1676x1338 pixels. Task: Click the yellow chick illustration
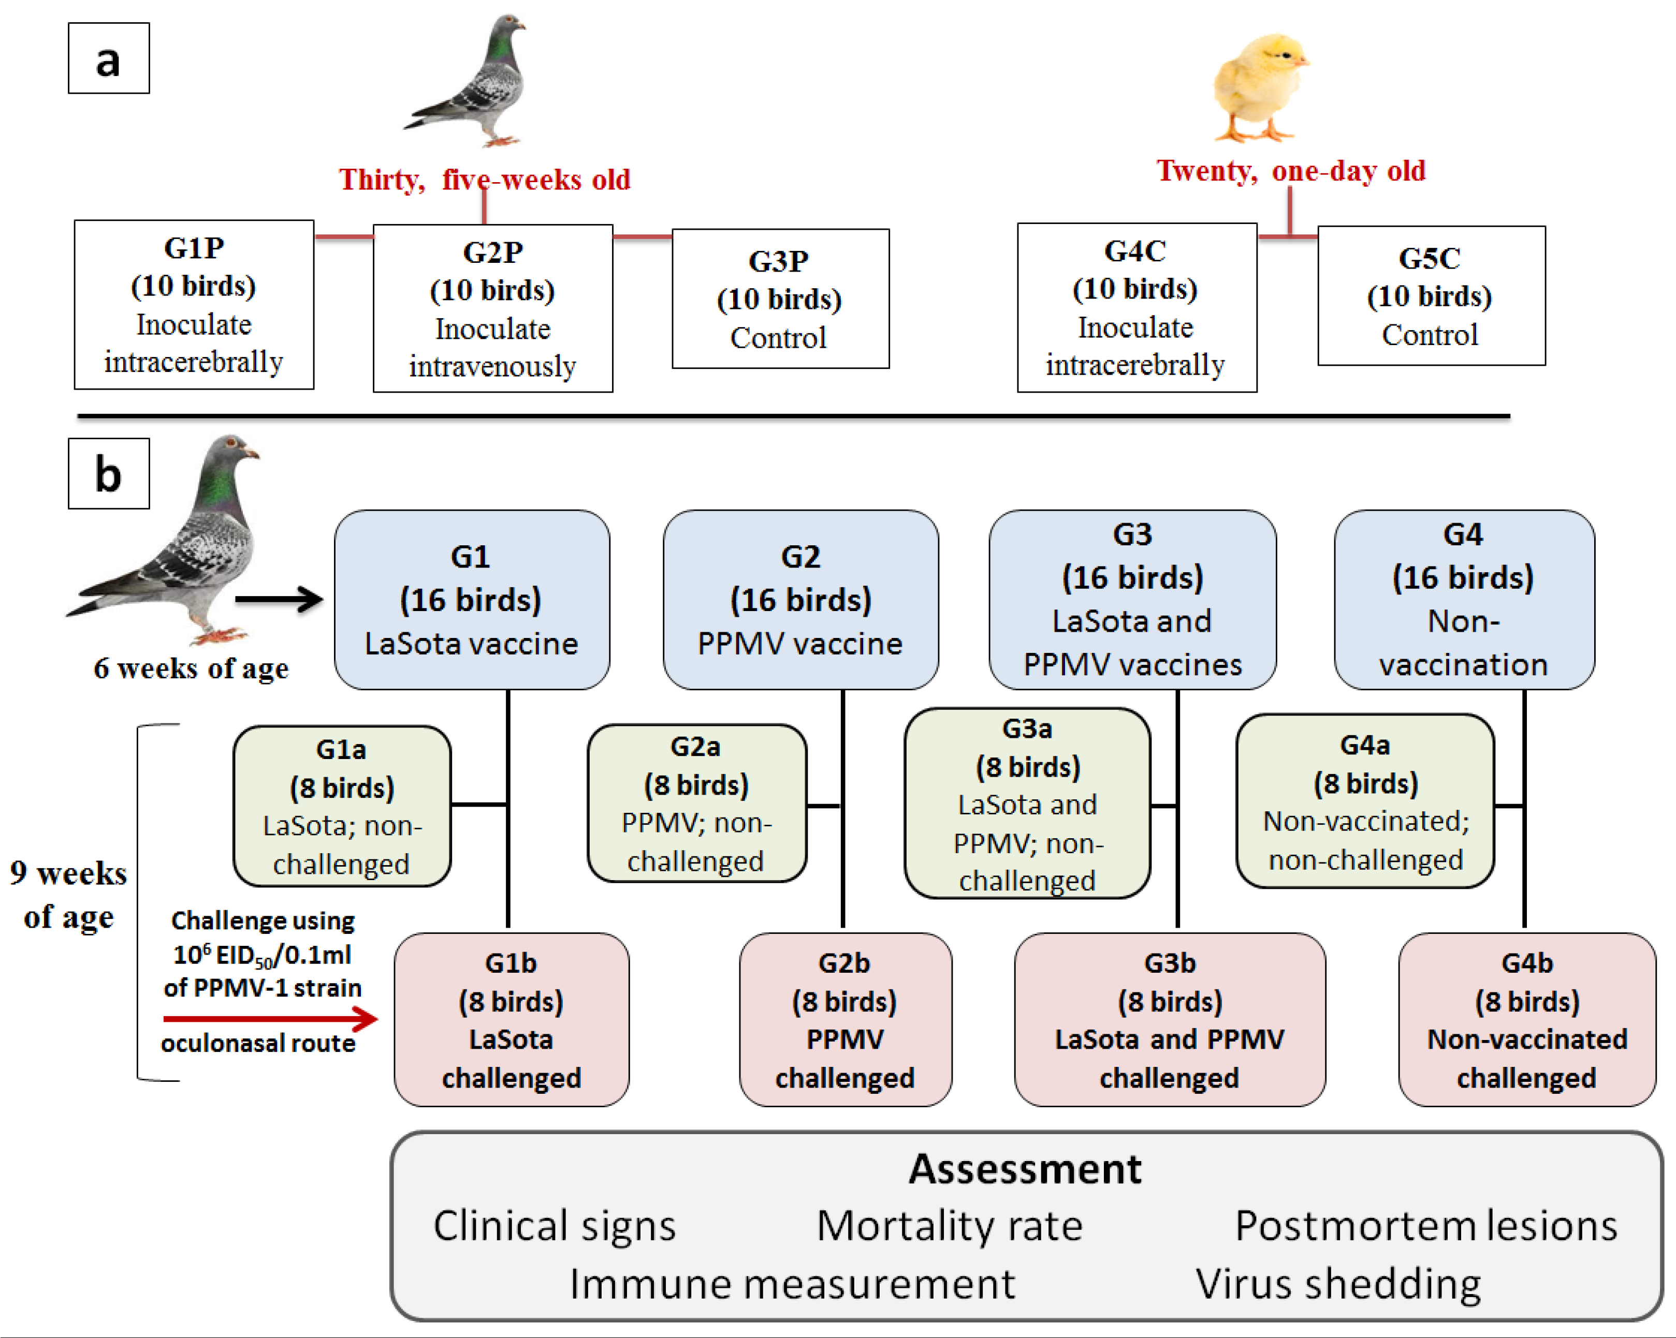[x=1261, y=87]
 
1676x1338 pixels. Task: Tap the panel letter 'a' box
[x=109, y=59]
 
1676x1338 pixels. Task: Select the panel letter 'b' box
[x=109, y=474]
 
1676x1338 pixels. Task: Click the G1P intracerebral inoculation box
[x=194, y=305]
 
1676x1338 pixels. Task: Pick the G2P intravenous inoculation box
[x=493, y=308]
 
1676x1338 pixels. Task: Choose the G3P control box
[x=780, y=299]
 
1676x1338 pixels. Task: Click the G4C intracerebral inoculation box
[x=1136, y=308]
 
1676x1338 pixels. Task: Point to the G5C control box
[x=1431, y=296]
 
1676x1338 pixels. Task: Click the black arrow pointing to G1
[x=278, y=599]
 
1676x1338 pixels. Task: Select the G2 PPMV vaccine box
[x=800, y=600]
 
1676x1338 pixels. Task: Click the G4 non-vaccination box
[x=1464, y=600]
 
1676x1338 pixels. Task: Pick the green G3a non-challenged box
[x=1027, y=804]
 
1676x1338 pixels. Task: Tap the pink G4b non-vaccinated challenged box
[x=1527, y=1019]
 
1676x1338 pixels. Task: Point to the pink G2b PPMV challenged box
[x=845, y=1019]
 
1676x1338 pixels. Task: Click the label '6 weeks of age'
[x=191, y=668]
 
